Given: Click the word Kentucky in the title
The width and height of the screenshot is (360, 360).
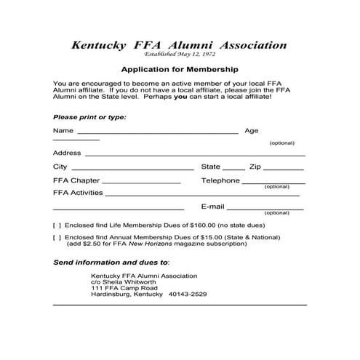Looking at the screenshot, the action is coord(100,46).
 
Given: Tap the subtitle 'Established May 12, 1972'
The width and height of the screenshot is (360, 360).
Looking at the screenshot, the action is coord(180,55).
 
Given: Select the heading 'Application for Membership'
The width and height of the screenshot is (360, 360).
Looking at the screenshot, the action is coord(180,71).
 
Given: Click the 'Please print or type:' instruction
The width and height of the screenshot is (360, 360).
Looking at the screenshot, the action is coord(89,117).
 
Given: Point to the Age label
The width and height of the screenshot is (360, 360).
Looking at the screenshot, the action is coord(252,131).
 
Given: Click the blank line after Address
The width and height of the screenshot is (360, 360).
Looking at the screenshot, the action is coord(195,155).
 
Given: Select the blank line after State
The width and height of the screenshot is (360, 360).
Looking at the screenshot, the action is coord(234,169).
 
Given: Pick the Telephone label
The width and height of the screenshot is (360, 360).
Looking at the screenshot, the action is coord(220,180).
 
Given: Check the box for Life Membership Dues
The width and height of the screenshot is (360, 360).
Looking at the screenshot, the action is coord(57,225).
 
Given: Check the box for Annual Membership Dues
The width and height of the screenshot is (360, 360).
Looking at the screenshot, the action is coord(57,237).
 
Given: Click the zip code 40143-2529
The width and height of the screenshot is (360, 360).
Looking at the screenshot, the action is coord(188,295).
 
